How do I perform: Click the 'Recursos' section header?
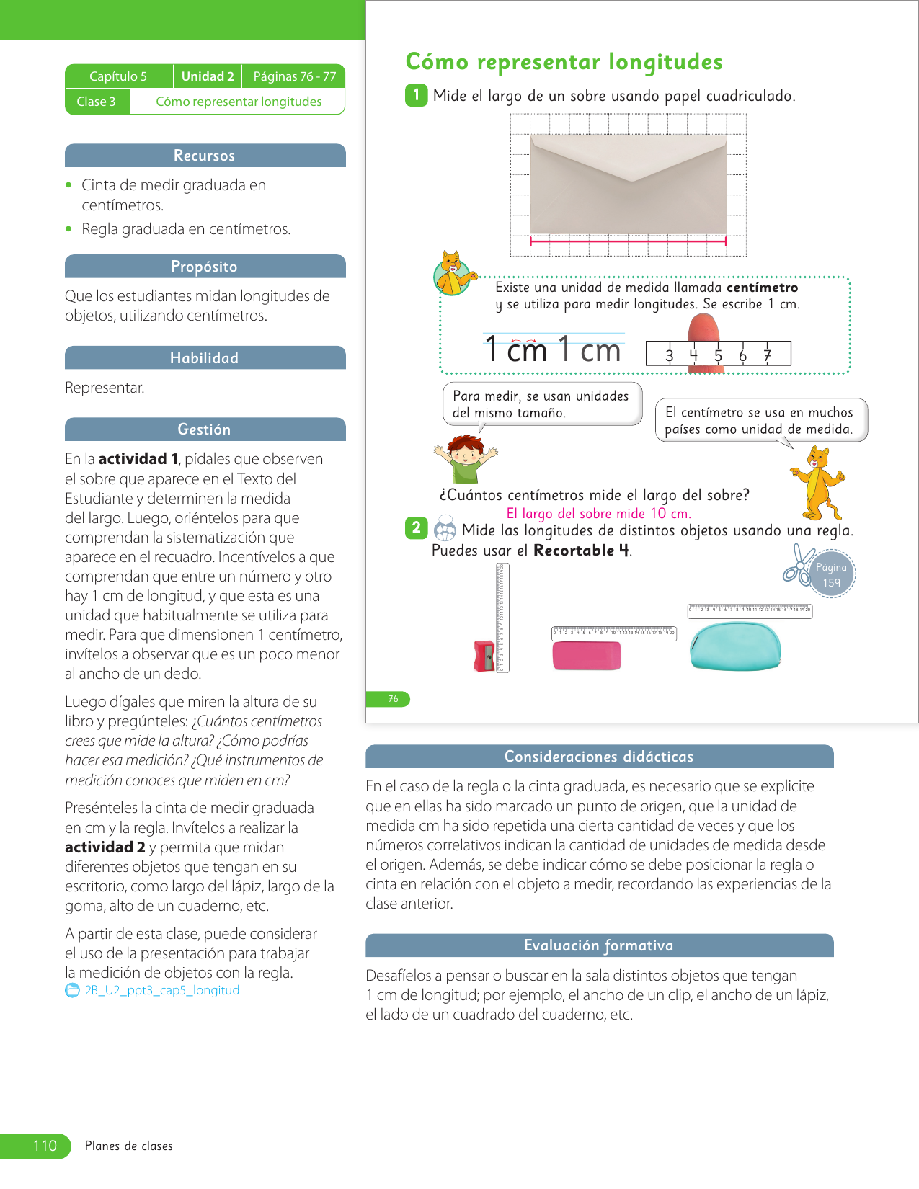point(205,156)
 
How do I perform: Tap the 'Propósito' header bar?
point(205,267)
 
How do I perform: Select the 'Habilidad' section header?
point(205,358)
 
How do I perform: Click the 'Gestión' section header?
point(205,429)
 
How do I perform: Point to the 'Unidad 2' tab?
point(208,76)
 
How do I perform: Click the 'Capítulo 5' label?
point(118,76)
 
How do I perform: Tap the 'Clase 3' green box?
point(97,102)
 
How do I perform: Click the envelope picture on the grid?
point(629,184)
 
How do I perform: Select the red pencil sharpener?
point(484,656)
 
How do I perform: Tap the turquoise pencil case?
point(735,646)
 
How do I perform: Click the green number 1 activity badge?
point(416,95)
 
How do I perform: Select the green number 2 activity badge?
point(416,527)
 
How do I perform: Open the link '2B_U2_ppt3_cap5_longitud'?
point(161,990)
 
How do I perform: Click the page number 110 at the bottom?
point(45,1146)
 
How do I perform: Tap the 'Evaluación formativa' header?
point(599,945)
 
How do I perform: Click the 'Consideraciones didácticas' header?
point(599,757)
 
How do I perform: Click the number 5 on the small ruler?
point(718,355)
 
